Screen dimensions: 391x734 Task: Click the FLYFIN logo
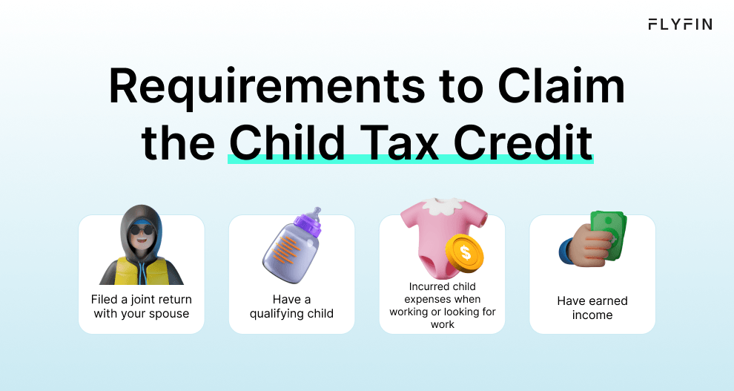click(x=679, y=24)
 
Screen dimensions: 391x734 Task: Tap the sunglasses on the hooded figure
click(x=141, y=229)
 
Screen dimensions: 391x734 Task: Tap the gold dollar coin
click(x=465, y=252)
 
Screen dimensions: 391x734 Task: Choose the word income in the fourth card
click(x=592, y=315)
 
